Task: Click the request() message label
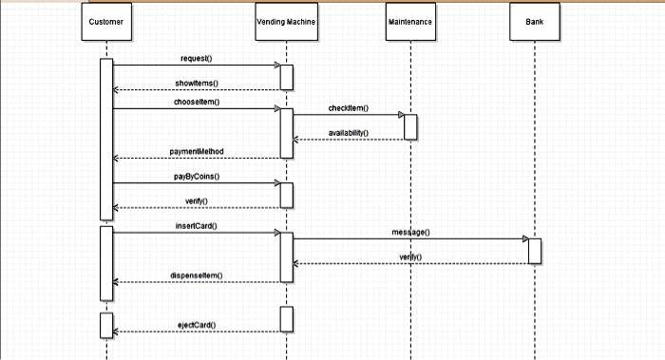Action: pos(196,59)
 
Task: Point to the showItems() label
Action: pos(196,83)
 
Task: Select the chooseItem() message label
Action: pos(196,102)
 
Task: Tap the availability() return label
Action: pos(349,133)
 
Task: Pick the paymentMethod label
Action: pos(196,151)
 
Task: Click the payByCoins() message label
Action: pos(196,176)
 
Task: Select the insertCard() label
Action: pos(196,225)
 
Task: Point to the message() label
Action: pos(410,232)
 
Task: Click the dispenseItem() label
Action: pos(196,275)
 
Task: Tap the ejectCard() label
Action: pos(196,325)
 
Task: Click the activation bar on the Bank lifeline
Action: pos(535,251)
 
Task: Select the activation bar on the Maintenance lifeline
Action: pos(410,126)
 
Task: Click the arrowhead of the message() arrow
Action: pos(523,238)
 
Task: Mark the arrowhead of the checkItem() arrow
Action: pos(399,115)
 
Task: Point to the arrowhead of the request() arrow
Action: pos(275,66)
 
